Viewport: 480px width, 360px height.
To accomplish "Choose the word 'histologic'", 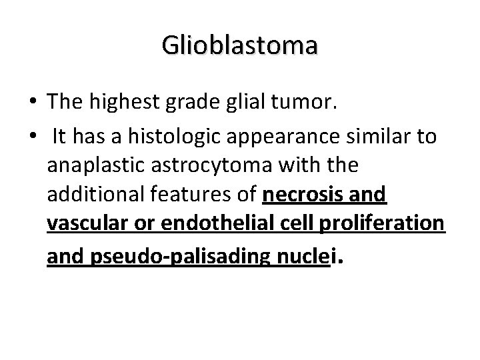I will coord(161,137).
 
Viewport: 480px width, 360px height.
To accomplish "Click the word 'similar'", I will coord(357,137).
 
